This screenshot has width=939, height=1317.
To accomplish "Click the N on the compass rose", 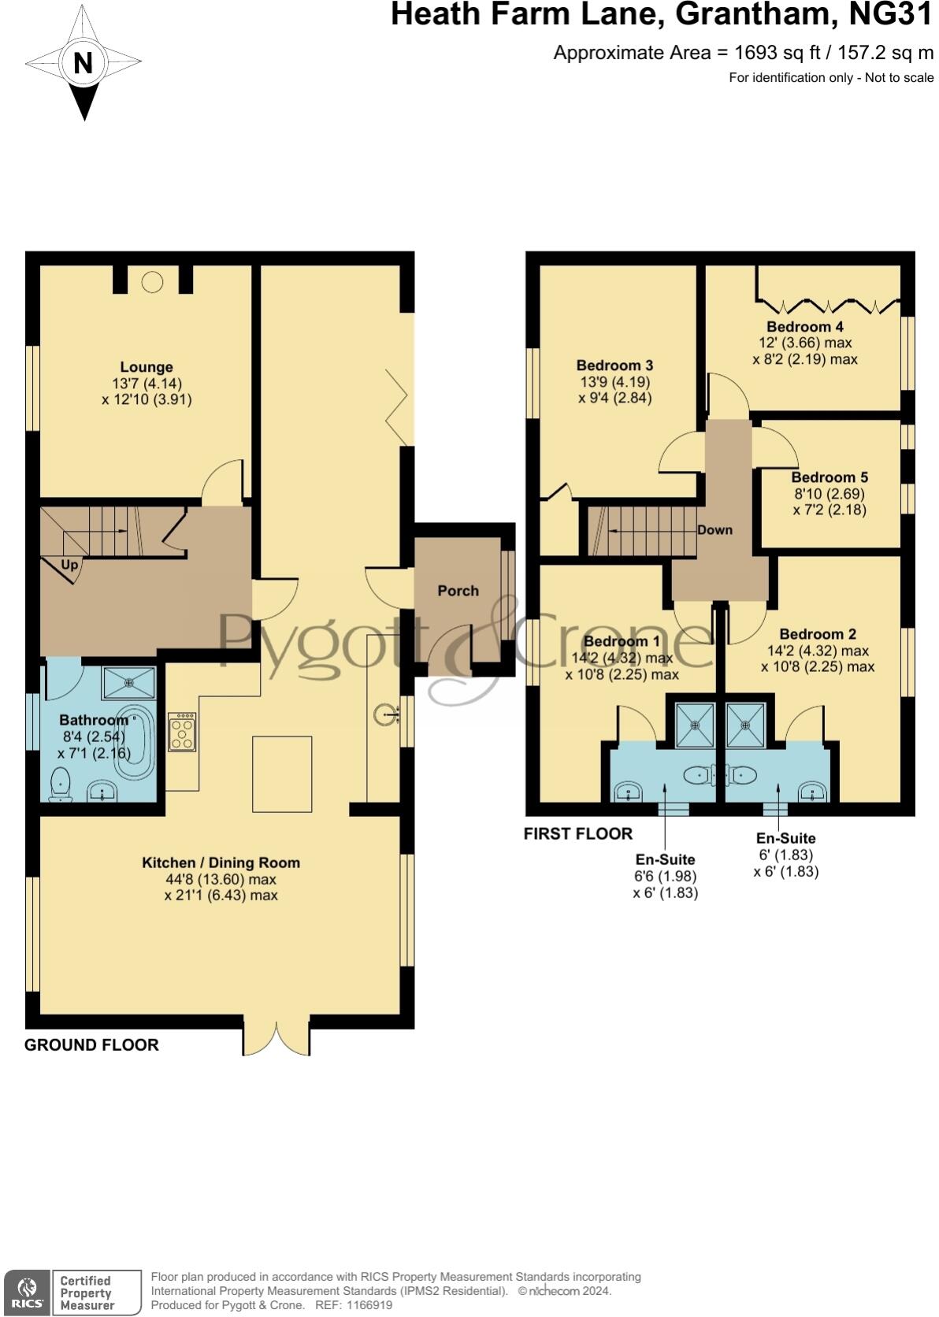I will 83,62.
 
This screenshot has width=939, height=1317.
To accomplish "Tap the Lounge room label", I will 147,367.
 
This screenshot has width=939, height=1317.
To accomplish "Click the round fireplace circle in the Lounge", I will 152,280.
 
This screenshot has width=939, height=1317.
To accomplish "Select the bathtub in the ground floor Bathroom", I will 140,742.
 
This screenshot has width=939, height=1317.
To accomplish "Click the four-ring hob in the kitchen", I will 182,732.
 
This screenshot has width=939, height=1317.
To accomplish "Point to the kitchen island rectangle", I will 282,774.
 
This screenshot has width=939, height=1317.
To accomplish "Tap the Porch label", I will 458,591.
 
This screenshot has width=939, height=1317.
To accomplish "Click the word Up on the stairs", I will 69,565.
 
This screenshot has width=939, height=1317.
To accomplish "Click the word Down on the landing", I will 714,530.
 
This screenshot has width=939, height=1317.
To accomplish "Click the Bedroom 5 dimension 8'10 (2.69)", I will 829,494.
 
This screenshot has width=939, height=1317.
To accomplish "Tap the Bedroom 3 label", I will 614,365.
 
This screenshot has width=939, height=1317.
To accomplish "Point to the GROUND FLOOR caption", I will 91,1045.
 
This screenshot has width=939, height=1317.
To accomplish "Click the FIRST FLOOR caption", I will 577,833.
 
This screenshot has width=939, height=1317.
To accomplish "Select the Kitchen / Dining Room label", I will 221,863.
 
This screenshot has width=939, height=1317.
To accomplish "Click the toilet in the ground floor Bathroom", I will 60,785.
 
